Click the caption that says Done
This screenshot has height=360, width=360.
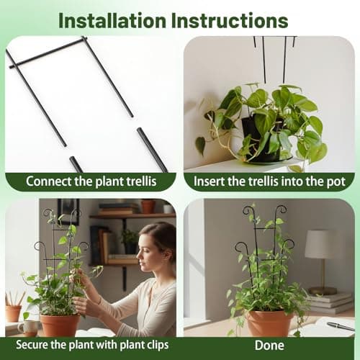click(269, 345)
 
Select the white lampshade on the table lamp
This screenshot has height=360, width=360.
click(320, 244)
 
